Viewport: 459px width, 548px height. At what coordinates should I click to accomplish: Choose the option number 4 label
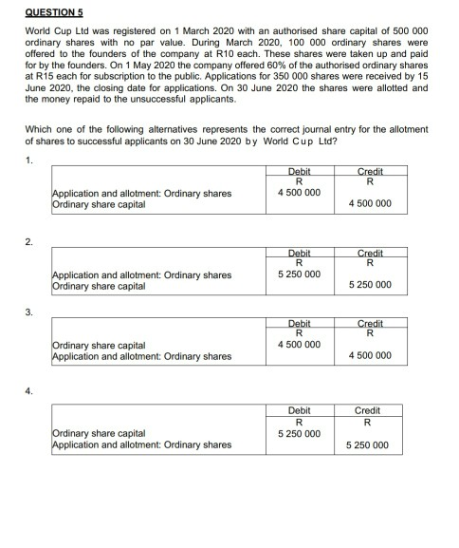(x=30, y=390)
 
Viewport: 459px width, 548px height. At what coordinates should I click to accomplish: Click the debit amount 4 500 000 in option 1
(x=300, y=193)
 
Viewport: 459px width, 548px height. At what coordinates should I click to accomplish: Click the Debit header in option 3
(x=300, y=322)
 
